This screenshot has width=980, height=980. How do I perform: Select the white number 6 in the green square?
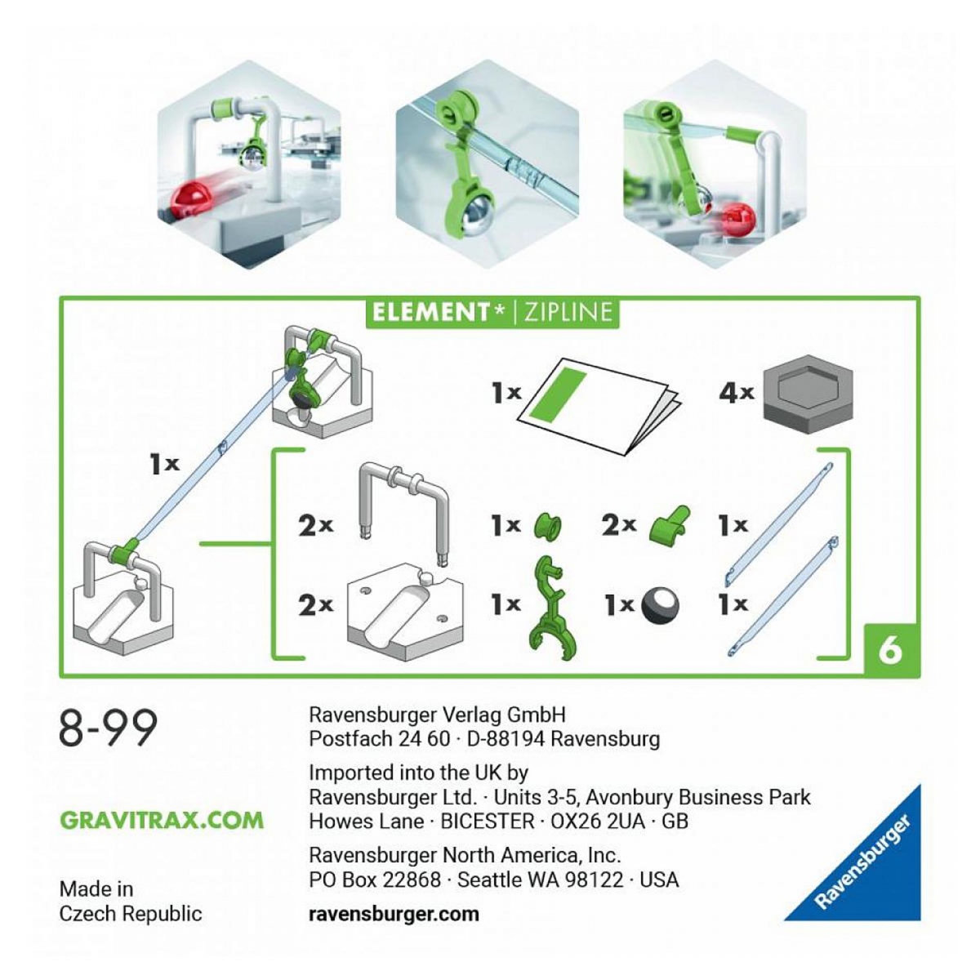pos(890,651)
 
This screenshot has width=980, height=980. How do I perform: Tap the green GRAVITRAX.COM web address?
pos(162,820)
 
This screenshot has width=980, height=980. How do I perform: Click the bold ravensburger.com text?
pos(394,913)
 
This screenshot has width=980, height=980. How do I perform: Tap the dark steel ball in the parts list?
pos(660,606)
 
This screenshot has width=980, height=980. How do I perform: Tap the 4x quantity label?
pos(735,393)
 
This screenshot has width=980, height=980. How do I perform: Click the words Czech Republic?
pos(130,913)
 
